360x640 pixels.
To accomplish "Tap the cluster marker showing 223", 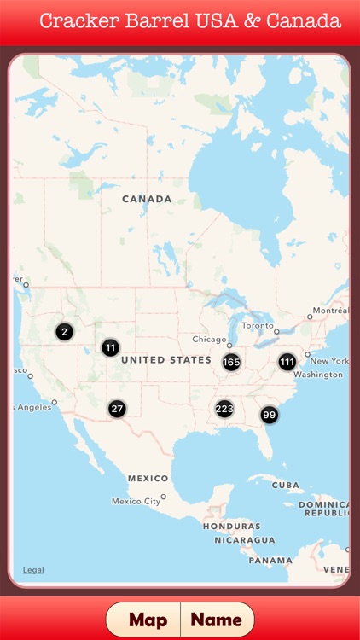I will pyautogui.click(x=224, y=409).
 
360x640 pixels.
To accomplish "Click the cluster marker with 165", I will pyautogui.click(x=231, y=363).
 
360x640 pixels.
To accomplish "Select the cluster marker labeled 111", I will pyautogui.click(x=287, y=362).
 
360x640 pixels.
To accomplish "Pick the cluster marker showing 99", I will pyautogui.click(x=270, y=416).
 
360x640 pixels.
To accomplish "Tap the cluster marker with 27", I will pyautogui.click(x=117, y=409).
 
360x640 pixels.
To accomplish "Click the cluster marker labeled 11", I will pyautogui.click(x=110, y=347).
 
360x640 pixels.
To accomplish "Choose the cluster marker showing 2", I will pyautogui.click(x=65, y=332).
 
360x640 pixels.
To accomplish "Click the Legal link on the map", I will pyautogui.click(x=33, y=570).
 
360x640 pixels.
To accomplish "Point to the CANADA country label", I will pyautogui.click(x=147, y=199).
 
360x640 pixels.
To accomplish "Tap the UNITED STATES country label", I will pyautogui.click(x=165, y=360).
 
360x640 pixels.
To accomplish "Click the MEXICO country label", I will pyautogui.click(x=148, y=479).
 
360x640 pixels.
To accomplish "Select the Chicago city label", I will pyautogui.click(x=209, y=339).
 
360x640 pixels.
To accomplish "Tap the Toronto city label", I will pyautogui.click(x=258, y=325).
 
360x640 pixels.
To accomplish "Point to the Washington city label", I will pyautogui.click(x=318, y=375).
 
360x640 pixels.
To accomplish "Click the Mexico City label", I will pyautogui.click(x=136, y=501).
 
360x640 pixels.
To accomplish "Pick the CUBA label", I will pyautogui.click(x=286, y=485).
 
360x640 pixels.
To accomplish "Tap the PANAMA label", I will pyautogui.click(x=270, y=561).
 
